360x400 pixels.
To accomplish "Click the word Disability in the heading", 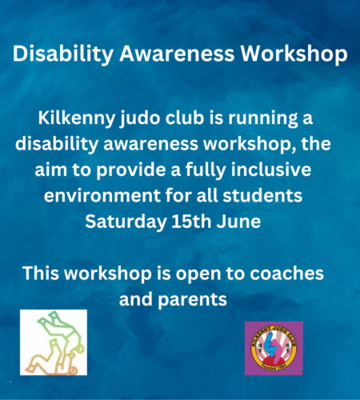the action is tap(63, 54).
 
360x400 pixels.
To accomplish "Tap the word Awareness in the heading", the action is tap(177, 54).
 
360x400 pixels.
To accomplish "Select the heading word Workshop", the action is tap(294, 54).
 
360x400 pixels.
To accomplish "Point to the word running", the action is tap(263, 118).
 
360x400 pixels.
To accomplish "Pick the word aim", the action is tap(50, 170).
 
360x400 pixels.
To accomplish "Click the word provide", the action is tap(131, 170).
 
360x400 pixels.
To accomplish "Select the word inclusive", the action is tap(271, 170).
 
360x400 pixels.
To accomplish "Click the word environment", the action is tap(102, 195).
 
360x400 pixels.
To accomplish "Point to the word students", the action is tap(262, 195).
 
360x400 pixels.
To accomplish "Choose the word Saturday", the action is tap(126, 222).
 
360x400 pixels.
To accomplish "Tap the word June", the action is tap(238, 221).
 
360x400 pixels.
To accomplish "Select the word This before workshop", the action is tap(41, 273).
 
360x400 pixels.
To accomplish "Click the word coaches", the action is tap(286, 273).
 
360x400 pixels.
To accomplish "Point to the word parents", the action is tap(192, 300).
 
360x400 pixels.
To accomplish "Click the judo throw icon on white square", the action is tap(54, 342).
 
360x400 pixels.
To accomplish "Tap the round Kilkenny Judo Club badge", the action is tap(274, 348).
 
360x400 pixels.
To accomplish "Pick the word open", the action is tap(198, 274).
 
